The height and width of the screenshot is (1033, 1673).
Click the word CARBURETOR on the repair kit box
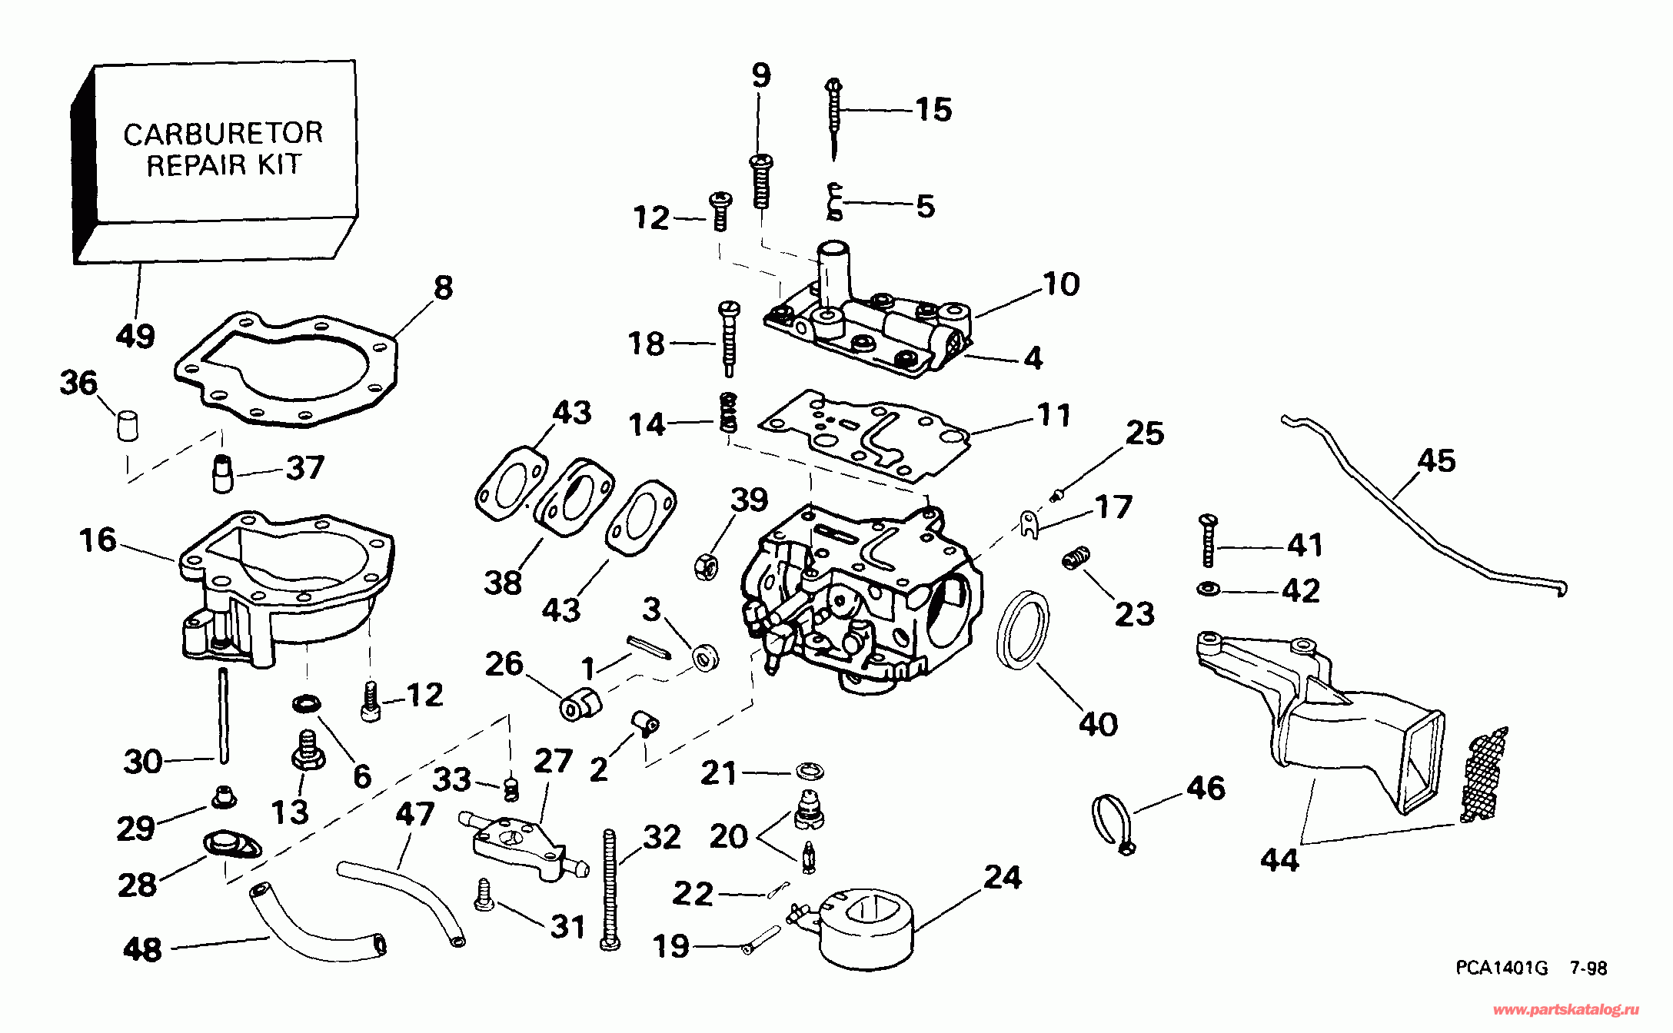(x=223, y=134)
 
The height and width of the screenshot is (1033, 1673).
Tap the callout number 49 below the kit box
(x=135, y=336)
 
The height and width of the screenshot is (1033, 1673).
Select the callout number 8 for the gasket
(x=443, y=288)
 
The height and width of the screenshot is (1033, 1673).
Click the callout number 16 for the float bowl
(x=98, y=540)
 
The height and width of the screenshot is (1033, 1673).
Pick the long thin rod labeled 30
(x=223, y=715)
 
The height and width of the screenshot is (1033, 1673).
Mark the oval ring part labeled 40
(x=1023, y=627)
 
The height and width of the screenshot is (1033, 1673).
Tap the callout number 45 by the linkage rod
(x=1436, y=461)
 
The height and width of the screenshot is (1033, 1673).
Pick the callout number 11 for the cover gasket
(x=1054, y=415)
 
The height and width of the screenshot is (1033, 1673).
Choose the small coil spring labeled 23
(x=1076, y=559)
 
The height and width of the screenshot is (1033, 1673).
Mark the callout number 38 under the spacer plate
(x=503, y=583)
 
